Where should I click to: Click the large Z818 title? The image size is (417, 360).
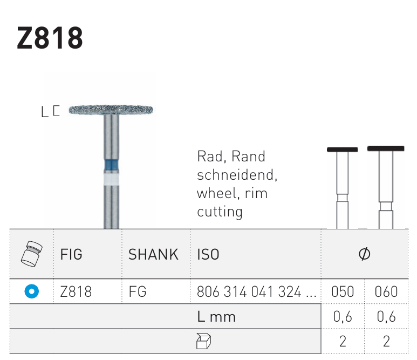[x=50, y=38]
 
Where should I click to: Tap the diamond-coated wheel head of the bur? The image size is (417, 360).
[x=111, y=110]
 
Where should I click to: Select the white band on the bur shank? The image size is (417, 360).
[x=111, y=180]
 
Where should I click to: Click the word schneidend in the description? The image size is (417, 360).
[x=237, y=175]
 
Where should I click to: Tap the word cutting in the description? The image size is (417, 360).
[x=220, y=212]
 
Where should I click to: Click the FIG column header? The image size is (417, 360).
[x=71, y=254]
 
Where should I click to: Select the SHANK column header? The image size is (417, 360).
[x=153, y=254]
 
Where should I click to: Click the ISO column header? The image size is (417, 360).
[x=208, y=254]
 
